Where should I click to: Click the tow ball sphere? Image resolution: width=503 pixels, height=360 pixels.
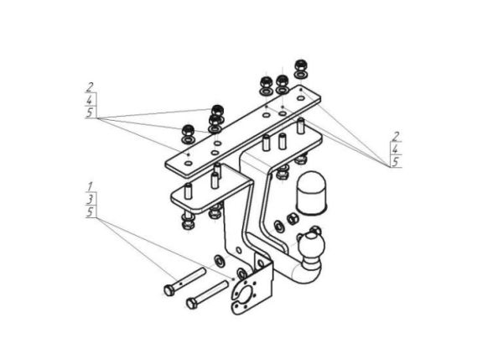[x=312, y=245]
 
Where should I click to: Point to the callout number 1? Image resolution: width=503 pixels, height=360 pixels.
[x=91, y=186]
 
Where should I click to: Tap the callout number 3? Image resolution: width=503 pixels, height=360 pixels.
[x=91, y=199]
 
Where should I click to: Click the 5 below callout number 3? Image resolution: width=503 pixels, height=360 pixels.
[x=91, y=212]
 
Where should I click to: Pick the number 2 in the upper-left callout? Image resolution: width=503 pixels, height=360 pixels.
[x=90, y=87]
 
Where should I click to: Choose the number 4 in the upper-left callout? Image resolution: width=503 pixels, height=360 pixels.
[x=91, y=100]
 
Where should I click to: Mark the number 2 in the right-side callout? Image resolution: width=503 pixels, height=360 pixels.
[x=396, y=136]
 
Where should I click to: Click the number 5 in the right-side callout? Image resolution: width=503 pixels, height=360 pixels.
[x=396, y=161]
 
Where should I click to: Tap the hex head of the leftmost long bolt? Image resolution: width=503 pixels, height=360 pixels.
[x=169, y=290]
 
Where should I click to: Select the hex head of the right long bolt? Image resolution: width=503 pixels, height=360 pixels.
[x=191, y=303]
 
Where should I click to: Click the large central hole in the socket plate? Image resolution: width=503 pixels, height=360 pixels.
[x=248, y=295]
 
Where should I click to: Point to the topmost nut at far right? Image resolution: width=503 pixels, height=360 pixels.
[x=301, y=65]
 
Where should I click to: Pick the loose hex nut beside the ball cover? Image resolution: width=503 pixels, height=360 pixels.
[x=293, y=219]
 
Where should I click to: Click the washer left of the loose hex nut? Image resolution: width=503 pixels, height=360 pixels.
[x=279, y=226]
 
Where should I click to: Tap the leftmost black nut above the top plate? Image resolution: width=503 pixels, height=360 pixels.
[x=187, y=130]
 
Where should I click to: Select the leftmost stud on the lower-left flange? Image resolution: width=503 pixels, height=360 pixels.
[x=188, y=191]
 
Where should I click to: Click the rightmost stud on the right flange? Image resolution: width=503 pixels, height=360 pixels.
[x=301, y=126]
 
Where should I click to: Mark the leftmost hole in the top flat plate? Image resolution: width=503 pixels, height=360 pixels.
[x=189, y=163]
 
